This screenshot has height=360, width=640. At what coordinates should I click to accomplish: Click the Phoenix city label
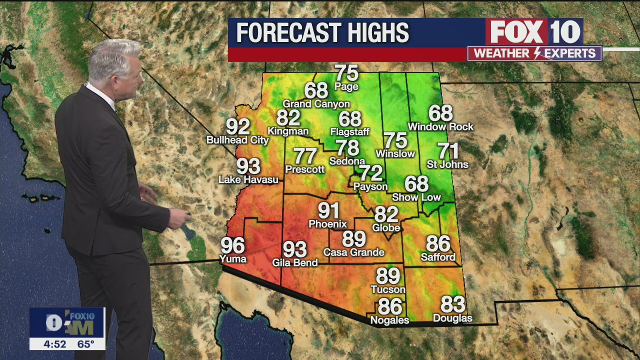coord(327,224)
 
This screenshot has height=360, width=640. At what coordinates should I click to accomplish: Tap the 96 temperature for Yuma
coord(233,245)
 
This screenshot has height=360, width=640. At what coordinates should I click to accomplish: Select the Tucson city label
coord(388,289)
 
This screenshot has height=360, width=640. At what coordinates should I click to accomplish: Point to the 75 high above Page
coord(346,73)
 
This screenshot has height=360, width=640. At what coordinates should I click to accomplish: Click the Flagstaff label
coord(349,132)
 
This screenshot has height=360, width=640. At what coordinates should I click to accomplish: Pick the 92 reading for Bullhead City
coord(238,127)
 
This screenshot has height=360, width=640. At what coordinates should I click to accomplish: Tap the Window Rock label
coord(440,127)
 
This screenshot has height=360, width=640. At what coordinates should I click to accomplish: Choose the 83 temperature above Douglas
coord(452,304)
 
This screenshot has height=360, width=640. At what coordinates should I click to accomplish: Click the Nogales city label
coord(389,320)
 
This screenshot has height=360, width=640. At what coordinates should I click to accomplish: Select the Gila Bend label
coord(295,262)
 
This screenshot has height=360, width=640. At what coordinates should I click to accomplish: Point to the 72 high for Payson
coord(371,173)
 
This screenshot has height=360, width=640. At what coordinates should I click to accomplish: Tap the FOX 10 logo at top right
coord(534,32)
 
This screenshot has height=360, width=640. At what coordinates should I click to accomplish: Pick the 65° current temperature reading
coord(85,344)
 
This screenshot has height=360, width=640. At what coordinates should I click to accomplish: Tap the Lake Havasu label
coord(248,179)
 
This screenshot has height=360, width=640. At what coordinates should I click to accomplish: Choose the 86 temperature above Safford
coord(438,244)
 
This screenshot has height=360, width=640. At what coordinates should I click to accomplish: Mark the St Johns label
coord(447,164)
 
